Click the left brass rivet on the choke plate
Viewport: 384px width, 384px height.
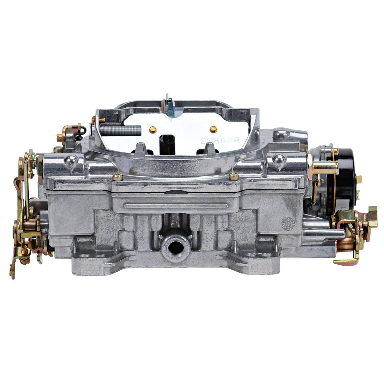click(x=153, y=130)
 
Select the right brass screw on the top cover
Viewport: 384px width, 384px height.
click(x=233, y=176)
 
